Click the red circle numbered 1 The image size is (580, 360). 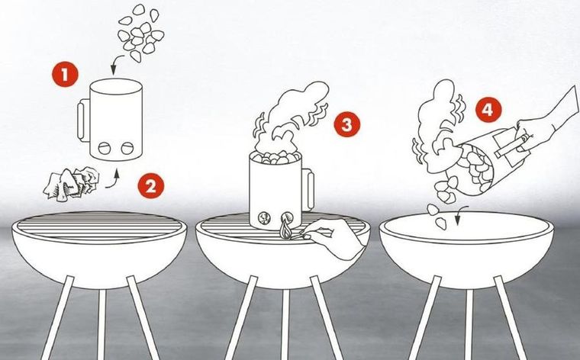click(x=65, y=74)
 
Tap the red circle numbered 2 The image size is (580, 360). click(x=150, y=186)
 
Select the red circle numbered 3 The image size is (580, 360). click(x=346, y=124)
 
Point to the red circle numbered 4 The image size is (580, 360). click(x=488, y=109)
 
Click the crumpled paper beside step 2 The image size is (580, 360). click(x=71, y=184)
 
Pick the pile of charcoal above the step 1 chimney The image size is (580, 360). click(x=140, y=33)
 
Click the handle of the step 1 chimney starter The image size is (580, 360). click(x=83, y=120)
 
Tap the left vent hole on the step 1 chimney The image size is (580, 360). click(x=105, y=148)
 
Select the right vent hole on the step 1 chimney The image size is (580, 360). click(x=127, y=148)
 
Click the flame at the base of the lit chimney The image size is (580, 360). click(x=285, y=229)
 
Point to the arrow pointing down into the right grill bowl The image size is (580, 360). click(x=461, y=215)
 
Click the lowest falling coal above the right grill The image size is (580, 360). click(x=440, y=223)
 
